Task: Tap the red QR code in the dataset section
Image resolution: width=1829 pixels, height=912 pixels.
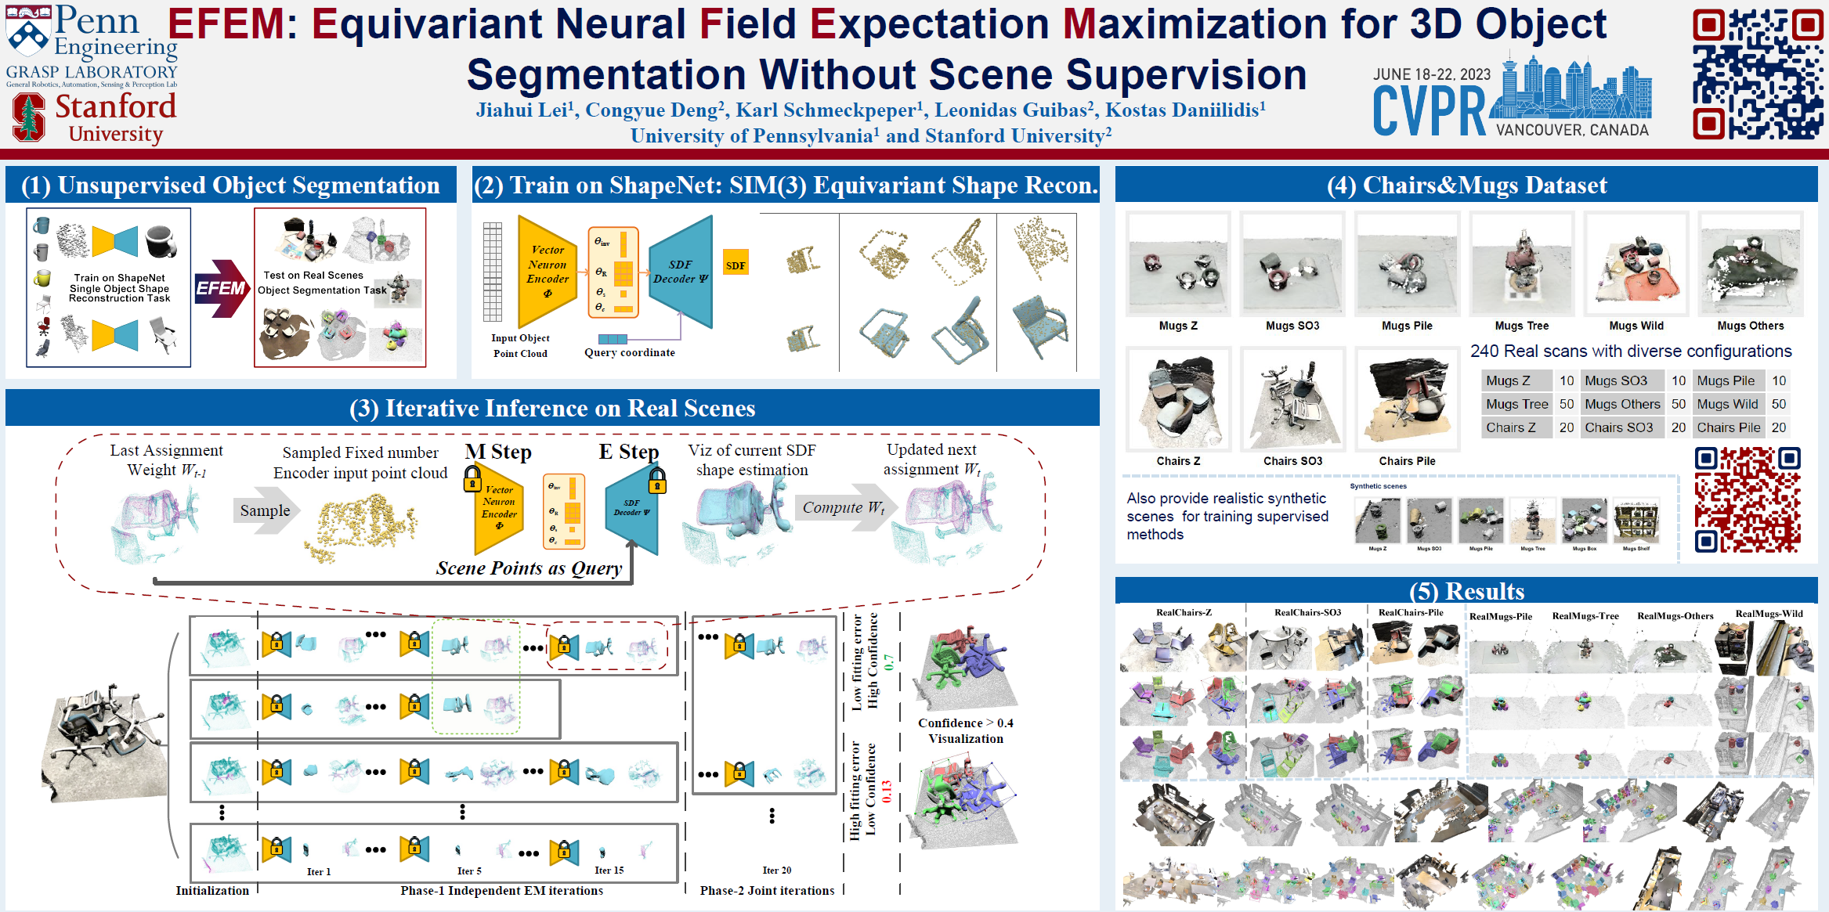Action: (x=1747, y=499)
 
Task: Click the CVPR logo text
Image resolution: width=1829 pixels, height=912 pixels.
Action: (x=1429, y=112)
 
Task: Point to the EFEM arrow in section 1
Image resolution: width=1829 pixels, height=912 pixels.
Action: (x=220, y=288)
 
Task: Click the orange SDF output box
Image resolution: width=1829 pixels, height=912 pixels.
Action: (x=735, y=265)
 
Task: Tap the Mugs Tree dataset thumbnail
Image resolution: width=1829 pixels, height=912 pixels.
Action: (x=1521, y=264)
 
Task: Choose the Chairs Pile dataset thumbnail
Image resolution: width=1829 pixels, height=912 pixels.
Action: (x=1407, y=399)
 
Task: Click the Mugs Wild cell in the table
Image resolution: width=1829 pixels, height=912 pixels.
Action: (x=1727, y=404)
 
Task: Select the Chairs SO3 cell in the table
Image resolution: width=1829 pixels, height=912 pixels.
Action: (x=1618, y=427)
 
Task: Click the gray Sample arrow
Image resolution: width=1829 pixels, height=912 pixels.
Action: (x=266, y=510)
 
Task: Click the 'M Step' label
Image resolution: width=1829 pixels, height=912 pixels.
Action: (x=498, y=452)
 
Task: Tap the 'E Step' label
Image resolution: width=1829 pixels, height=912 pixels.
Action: (x=628, y=452)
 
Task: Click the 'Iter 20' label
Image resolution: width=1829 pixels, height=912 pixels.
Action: (x=776, y=870)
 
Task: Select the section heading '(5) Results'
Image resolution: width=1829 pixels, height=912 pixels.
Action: (x=1466, y=590)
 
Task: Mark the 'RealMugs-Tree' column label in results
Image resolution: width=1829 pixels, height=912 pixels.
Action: (x=1585, y=616)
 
